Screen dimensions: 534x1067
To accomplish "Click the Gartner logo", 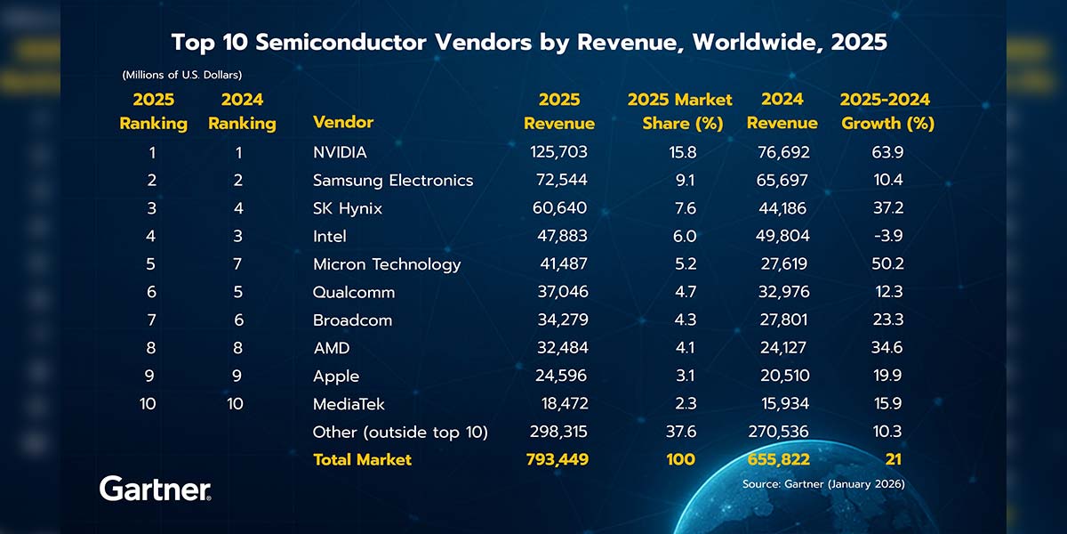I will point(155,489).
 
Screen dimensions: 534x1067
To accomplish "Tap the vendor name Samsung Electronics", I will point(393,181).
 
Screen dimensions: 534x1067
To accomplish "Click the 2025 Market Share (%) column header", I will point(679,111).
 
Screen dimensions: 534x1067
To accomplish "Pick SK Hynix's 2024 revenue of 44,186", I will point(782,208).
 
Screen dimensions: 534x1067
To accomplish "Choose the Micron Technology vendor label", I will point(387,264).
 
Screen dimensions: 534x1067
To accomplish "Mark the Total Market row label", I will point(362,459).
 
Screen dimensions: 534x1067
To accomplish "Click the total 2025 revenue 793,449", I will point(558,459).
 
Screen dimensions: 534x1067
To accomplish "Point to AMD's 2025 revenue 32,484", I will point(558,348).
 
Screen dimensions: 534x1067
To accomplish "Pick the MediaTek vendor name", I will point(349,404).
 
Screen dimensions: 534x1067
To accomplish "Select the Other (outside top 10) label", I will point(401,432).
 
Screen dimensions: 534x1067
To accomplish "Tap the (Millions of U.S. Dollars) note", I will point(181,74).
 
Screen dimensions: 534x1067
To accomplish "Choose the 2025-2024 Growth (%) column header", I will point(886,111).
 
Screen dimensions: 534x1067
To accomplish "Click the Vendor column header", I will point(343,122).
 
